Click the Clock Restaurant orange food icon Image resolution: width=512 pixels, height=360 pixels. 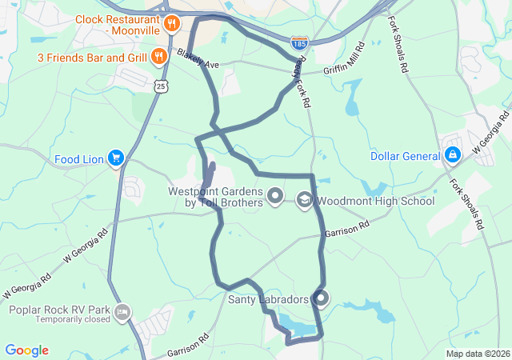click(170, 25)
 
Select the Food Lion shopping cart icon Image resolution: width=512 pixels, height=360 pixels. click(116, 158)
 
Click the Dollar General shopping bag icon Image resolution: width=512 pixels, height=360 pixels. click(452, 154)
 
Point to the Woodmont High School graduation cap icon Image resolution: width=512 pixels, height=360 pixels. click(304, 199)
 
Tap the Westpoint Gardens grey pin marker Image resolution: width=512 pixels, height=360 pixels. click(275, 194)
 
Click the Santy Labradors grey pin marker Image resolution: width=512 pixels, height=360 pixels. click(321, 299)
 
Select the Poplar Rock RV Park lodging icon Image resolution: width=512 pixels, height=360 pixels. click(122, 310)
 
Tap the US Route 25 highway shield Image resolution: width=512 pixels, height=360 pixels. click(162, 85)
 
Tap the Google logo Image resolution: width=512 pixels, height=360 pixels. click(26, 350)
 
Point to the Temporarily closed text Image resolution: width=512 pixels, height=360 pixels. click(72, 319)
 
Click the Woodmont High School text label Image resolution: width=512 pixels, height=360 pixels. click(375, 201)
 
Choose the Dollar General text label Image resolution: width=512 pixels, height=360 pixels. click(405, 155)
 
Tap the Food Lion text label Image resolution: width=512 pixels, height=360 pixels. click(79, 159)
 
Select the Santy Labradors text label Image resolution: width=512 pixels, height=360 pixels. click(268, 300)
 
